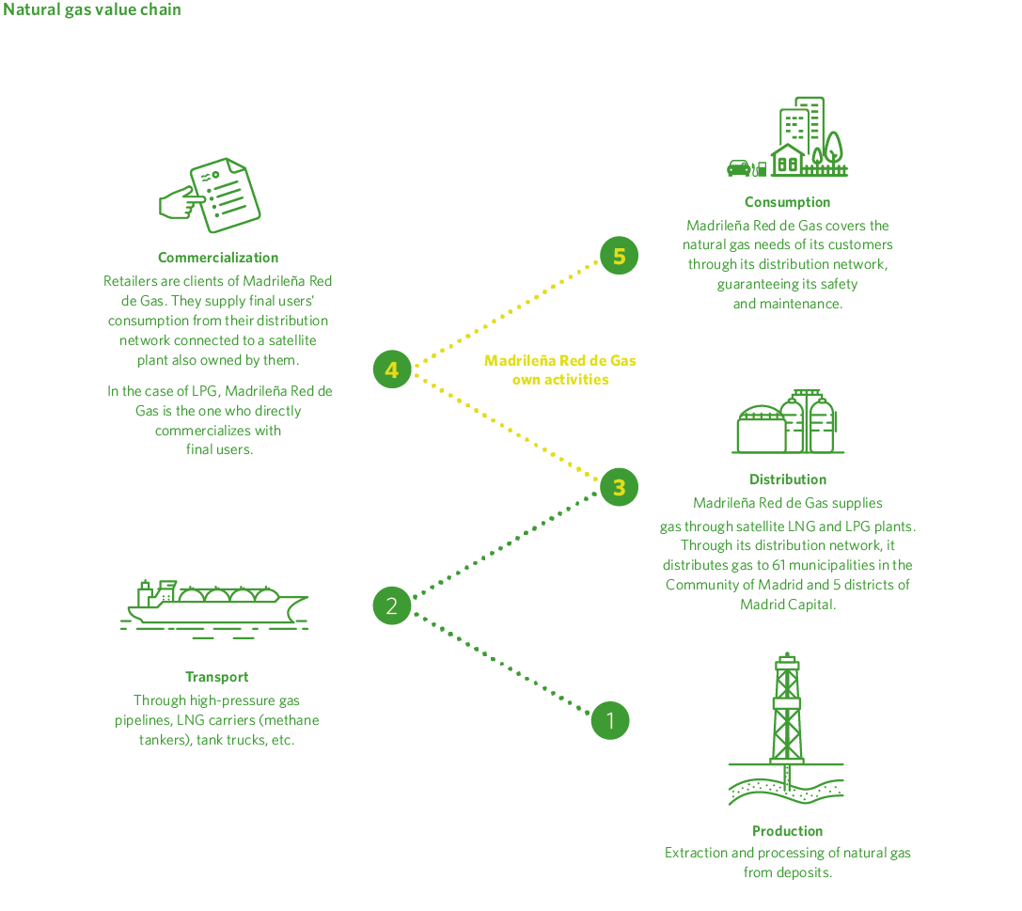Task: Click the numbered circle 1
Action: tap(610, 721)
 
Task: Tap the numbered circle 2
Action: tap(392, 605)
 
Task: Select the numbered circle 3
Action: tap(619, 487)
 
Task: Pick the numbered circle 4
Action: tap(392, 369)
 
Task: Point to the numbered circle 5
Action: tap(619, 256)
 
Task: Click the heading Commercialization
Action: tap(218, 258)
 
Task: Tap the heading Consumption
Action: tap(787, 202)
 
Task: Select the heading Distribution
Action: tap(788, 479)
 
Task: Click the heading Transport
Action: tap(217, 677)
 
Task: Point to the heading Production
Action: tap(787, 831)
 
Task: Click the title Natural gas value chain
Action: tap(92, 9)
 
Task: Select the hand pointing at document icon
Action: tap(211, 196)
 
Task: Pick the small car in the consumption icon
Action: tap(739, 168)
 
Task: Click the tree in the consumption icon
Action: tap(832, 150)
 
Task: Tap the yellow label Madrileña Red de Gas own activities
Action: tap(560, 370)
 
